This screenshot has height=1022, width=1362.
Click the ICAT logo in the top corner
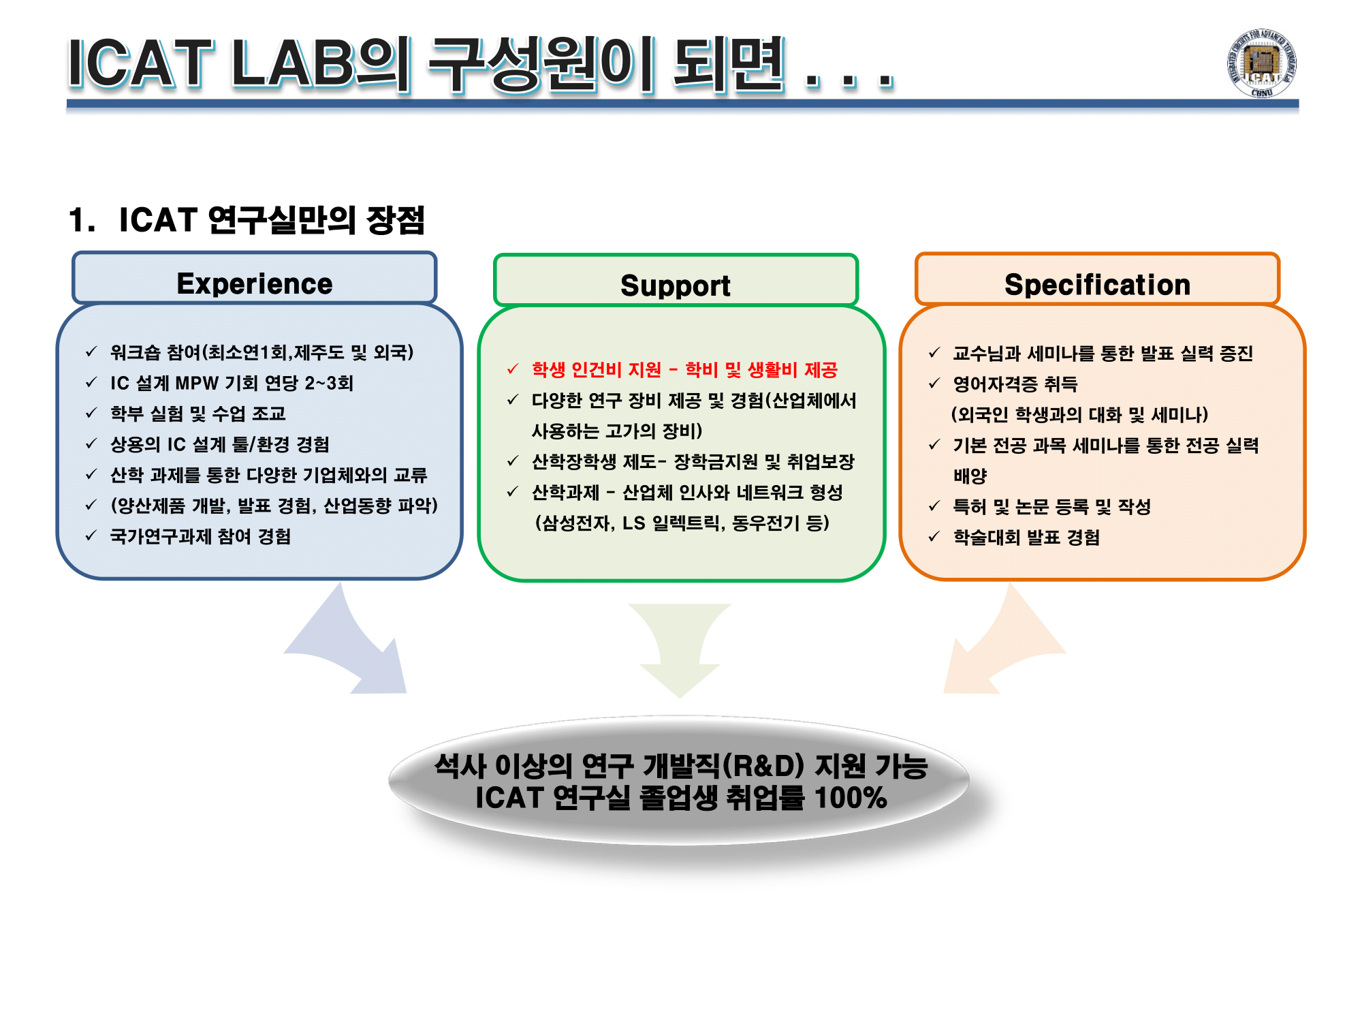(x=1261, y=63)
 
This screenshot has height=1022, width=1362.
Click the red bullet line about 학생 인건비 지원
(x=684, y=370)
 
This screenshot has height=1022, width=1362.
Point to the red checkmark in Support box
(x=513, y=369)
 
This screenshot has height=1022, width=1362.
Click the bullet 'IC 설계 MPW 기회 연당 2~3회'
(x=232, y=384)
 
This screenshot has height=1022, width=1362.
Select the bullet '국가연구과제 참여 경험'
(x=200, y=537)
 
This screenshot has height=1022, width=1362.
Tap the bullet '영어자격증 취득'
(x=1015, y=384)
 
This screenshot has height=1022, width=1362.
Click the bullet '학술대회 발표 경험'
(x=1026, y=538)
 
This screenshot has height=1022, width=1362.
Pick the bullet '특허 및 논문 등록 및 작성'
(x=1051, y=507)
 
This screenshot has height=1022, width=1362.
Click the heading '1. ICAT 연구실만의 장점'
(x=247, y=220)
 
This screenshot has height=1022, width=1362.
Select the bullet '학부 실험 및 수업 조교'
(x=197, y=414)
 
